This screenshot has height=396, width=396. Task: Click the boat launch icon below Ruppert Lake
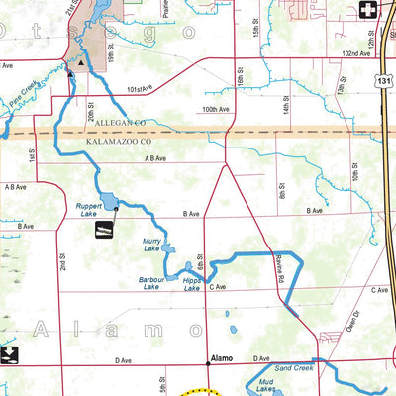[x=101, y=231]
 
